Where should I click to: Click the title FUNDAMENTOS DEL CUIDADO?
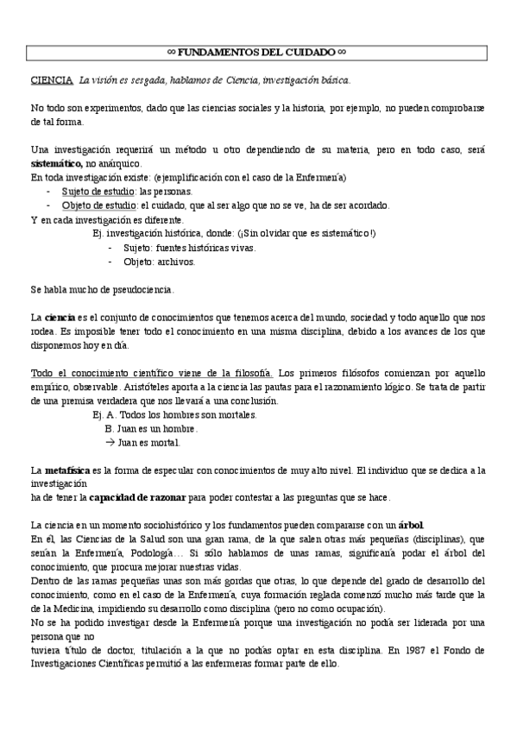pyautogui.click(x=258, y=54)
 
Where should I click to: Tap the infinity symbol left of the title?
pyautogui.click(x=170, y=54)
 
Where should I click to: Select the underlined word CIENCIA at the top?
pyautogui.click(x=51, y=80)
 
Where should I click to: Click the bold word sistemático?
pyautogui.click(x=57, y=163)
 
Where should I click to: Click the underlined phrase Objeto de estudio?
pyautogui.click(x=99, y=205)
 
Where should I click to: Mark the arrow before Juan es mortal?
pyautogui.click(x=110, y=442)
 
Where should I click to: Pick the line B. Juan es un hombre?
pyautogui.click(x=151, y=428)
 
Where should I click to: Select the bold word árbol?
pyautogui.click(x=411, y=526)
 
